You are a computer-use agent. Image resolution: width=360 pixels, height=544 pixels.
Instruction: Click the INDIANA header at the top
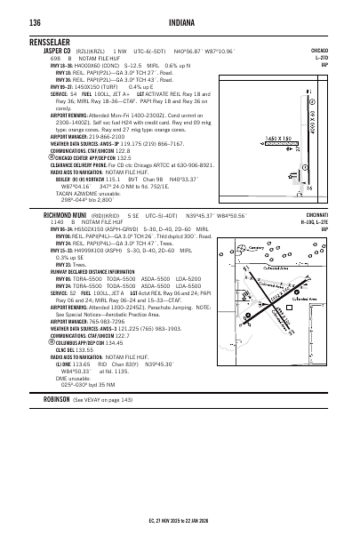pyautogui.click(x=180, y=20)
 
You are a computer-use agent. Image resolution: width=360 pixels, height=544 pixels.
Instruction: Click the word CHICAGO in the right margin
pyautogui.click(x=319, y=52)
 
